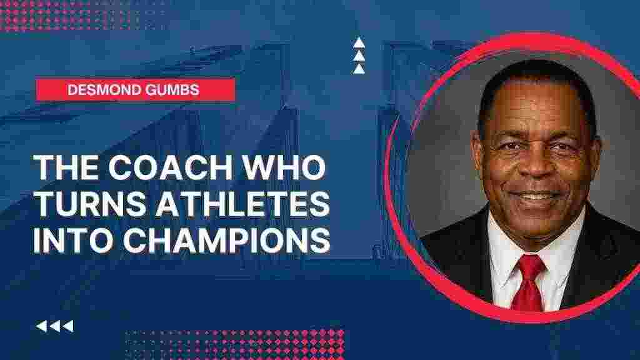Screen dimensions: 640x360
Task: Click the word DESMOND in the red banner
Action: coord(105,90)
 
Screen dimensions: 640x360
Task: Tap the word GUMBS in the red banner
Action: coord(172,90)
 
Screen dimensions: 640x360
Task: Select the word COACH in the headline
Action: coord(171,167)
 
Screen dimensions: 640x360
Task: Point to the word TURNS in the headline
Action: coord(91,203)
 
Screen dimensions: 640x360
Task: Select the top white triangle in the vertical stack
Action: coord(359,42)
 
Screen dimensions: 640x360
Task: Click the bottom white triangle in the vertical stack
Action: coord(359,69)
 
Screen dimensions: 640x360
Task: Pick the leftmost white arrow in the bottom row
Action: coord(41,326)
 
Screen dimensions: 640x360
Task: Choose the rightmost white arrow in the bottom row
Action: coord(68,326)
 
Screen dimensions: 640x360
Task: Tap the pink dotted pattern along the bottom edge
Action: coord(235,344)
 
